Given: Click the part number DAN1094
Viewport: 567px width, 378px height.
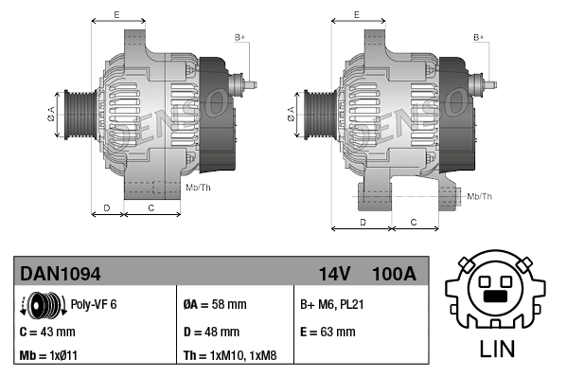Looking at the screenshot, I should (61, 274).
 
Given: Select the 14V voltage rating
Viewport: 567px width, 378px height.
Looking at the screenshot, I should (334, 274).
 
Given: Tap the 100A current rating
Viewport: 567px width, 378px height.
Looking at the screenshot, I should (394, 274).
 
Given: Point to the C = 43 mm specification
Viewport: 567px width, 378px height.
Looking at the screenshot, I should (47, 332).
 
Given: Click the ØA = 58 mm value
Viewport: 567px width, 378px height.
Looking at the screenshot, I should (214, 305).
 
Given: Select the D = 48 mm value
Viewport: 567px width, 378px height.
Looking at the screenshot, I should (211, 332).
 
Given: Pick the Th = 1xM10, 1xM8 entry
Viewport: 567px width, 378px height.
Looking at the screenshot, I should (230, 356).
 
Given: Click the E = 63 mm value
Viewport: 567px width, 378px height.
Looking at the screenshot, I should (328, 332).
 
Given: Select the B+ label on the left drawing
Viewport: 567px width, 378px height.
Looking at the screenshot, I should (239, 37).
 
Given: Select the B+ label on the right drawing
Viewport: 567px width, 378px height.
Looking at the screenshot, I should (478, 37).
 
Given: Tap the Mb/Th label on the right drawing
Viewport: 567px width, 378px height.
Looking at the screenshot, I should (480, 196).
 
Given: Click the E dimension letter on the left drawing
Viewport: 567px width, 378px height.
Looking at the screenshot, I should (116, 13).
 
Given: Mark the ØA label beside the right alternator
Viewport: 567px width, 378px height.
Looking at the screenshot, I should (291, 116).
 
